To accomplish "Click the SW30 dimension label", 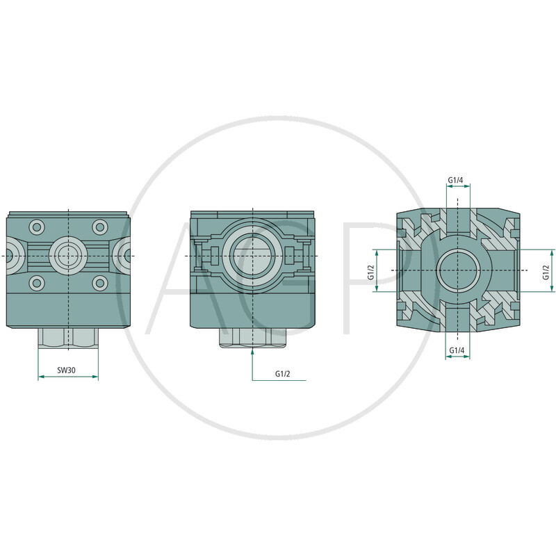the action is coord(66,370).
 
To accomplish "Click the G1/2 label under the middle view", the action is coord(283,374).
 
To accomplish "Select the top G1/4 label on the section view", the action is coord(455,180).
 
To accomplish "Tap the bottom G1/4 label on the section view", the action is coord(457,350).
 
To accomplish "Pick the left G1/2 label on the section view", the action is coord(371,272).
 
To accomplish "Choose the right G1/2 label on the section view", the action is coord(546,272).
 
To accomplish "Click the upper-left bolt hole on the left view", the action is coord(37,227).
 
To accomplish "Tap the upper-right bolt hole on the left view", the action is coord(100,227).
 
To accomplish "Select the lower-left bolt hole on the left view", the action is coord(37,283).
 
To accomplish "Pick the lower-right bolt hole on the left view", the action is coord(100,283).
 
